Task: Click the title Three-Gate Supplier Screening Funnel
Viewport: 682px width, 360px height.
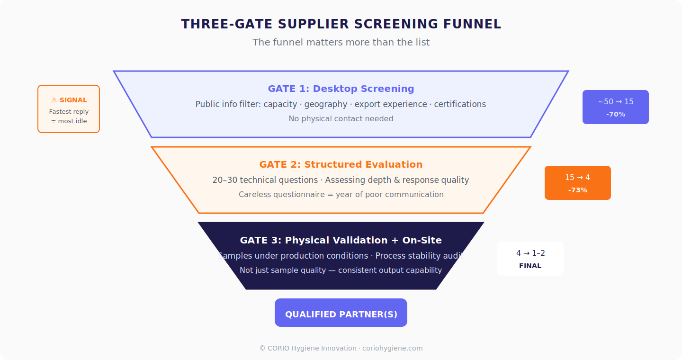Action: pos(341,24)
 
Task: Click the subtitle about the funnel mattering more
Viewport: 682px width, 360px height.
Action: pos(341,42)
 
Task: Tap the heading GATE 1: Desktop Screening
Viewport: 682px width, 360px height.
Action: pos(341,89)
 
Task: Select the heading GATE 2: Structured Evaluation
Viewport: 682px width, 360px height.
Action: pos(341,164)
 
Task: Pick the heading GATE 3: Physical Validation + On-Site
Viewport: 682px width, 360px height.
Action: pos(341,240)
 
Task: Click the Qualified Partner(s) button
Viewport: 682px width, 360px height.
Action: pos(341,314)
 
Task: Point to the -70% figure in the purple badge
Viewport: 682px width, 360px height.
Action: pos(615,114)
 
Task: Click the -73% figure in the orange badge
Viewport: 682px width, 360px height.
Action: pos(577,190)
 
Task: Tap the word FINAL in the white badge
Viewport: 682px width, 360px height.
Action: pos(530,266)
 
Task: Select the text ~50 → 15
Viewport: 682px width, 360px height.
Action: pos(615,102)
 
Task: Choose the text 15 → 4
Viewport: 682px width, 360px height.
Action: pos(577,178)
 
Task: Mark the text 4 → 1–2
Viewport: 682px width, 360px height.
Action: pos(530,253)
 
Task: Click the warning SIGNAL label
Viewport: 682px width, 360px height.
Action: pos(69,100)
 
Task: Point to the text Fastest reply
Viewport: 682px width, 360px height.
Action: pos(69,112)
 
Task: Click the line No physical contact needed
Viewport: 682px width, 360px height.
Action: pos(341,118)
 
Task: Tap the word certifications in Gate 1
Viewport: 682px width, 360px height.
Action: pos(460,104)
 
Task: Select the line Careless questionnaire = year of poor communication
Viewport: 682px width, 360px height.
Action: pos(341,194)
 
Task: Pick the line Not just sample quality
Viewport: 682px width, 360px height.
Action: pos(341,270)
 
